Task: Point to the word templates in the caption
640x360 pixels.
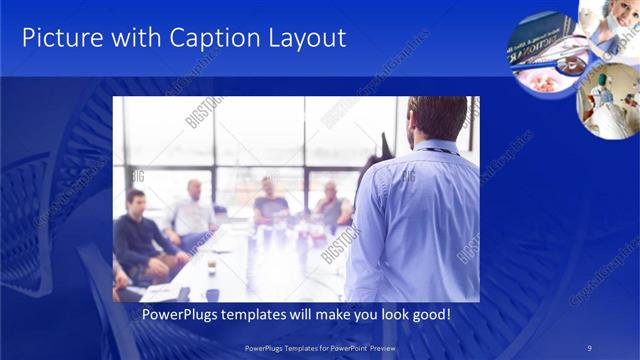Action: click(256, 314)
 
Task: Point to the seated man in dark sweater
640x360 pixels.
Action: click(140, 235)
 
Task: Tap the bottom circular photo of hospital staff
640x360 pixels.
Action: click(608, 100)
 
